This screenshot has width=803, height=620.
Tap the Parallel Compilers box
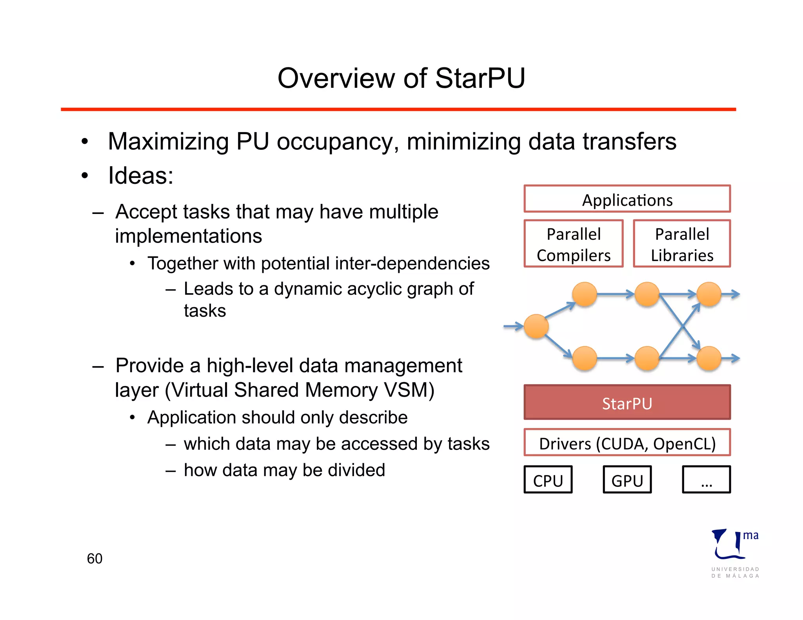pyautogui.click(x=573, y=244)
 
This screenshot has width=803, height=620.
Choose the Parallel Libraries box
pyautogui.click(x=682, y=244)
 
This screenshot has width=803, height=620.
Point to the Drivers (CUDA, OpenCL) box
pyautogui.click(x=627, y=443)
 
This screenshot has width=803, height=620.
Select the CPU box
pyautogui.click(x=548, y=480)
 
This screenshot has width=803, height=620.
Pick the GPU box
pyautogui.click(x=627, y=480)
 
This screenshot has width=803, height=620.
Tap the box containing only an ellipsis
pyautogui.click(x=706, y=480)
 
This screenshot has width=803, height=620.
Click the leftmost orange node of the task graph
pyautogui.click(x=536, y=326)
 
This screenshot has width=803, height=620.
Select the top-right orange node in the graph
pyautogui.click(x=709, y=294)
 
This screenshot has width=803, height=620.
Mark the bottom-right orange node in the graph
pyautogui.click(x=709, y=358)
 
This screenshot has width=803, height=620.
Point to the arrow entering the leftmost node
pyautogui.click(x=513, y=326)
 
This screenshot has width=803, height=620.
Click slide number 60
pyautogui.click(x=94, y=558)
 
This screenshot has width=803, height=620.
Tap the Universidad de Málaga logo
pyautogui.click(x=734, y=553)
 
